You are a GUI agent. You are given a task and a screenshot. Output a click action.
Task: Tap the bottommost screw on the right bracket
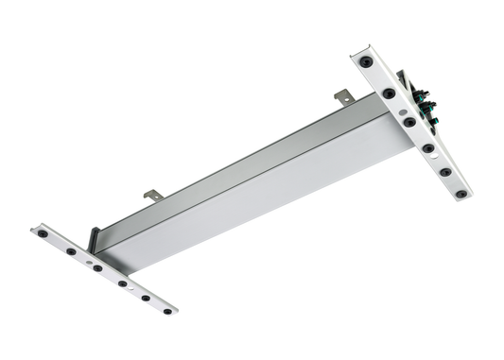[461, 195]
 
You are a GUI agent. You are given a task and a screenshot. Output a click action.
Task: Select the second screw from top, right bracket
[389, 94]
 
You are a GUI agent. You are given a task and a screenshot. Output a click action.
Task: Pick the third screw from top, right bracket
[408, 122]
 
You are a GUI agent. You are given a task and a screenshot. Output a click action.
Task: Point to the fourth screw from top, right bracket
[428, 147]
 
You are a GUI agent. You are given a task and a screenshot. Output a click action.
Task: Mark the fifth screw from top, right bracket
[445, 172]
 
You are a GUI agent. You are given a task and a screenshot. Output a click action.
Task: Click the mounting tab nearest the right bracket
[344, 95]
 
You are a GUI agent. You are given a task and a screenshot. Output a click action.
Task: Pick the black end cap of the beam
[95, 237]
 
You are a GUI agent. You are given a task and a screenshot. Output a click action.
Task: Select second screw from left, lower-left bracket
[71, 251]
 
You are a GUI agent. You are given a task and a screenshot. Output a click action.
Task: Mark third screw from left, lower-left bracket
[97, 267]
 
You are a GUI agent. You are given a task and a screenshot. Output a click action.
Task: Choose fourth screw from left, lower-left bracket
[122, 283]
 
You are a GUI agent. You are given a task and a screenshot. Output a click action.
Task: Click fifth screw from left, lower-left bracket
[146, 298]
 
